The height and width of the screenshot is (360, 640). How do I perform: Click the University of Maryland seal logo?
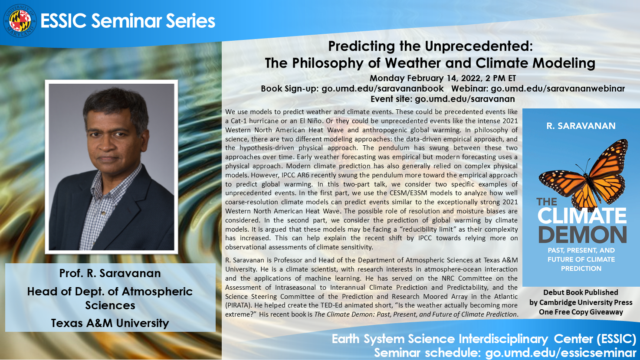(20, 21)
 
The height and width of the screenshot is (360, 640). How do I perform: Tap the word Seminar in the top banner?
(126, 21)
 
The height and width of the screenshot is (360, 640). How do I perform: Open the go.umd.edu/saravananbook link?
(383, 88)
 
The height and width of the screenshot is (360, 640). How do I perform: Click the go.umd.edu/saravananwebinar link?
(558, 88)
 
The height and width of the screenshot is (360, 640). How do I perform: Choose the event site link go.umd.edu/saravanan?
(465, 99)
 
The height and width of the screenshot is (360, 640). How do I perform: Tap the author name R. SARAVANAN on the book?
(581, 126)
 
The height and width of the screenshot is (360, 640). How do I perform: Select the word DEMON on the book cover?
(583, 234)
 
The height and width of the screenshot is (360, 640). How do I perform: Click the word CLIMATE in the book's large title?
(582, 216)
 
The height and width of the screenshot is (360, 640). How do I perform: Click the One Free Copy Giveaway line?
(581, 312)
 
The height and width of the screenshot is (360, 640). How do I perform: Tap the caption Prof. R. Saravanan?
(110, 273)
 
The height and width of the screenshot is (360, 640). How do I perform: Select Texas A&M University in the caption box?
(110, 323)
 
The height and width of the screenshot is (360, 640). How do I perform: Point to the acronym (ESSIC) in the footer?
(616, 339)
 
